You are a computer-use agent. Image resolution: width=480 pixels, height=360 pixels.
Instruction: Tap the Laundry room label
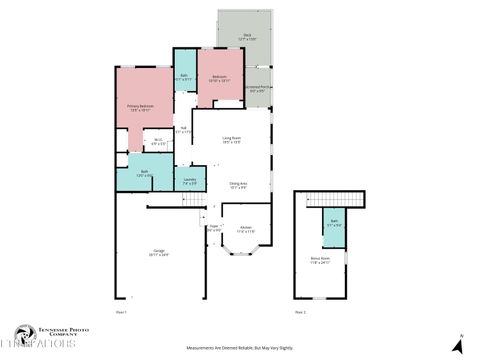click(189, 181)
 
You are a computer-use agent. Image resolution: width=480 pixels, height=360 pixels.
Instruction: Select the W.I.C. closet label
click(157, 141)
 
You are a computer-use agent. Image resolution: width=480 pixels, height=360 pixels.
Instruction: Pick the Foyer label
click(213, 228)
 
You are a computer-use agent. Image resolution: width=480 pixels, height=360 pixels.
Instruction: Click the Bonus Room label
click(320, 262)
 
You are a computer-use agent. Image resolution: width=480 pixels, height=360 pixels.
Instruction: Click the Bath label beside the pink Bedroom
click(185, 76)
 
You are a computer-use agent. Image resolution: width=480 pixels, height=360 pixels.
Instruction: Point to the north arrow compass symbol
click(460, 344)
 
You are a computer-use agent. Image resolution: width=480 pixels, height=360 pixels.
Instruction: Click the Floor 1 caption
click(121, 312)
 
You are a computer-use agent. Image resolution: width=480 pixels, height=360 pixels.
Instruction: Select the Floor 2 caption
click(300, 312)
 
